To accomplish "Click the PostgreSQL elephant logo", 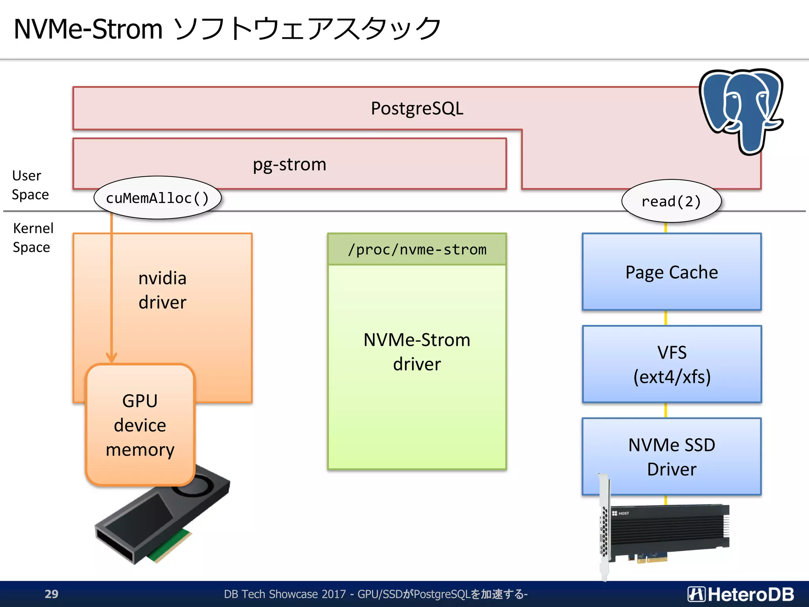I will tap(741, 111).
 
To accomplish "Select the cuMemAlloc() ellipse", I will tap(157, 198).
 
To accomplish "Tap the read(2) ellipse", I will tap(671, 202).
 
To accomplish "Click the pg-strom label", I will tap(290, 164).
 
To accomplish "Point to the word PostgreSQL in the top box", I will tap(417, 108).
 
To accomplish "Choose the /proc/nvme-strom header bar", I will tap(417, 249).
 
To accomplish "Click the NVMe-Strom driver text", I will tap(417, 352).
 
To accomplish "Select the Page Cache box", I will tap(672, 272).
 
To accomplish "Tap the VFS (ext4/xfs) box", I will tap(672, 364).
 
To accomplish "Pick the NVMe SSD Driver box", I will tap(672, 456).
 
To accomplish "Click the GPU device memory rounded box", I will tap(140, 425).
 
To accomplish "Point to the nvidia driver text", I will tap(162, 290).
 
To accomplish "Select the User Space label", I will tap(30, 185).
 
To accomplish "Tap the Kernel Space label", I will tap(32, 238).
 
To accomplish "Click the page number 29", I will tap(51, 594).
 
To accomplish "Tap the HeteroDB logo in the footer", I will tap(740, 594).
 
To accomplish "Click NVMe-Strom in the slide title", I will tap(88, 29).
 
